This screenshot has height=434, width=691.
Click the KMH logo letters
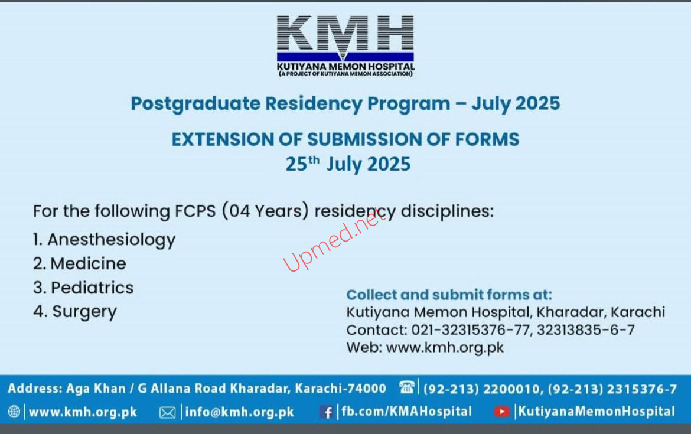[345, 34]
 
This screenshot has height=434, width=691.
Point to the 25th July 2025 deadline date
[348, 164]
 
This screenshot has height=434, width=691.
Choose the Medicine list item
[79, 263]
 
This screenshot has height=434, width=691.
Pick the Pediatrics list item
[83, 288]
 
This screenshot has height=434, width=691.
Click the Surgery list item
[75, 312]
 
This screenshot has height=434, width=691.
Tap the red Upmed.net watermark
[334, 240]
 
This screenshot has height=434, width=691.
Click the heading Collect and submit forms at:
[449, 295]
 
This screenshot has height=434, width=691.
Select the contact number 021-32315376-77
[471, 330]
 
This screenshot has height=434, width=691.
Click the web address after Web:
[445, 348]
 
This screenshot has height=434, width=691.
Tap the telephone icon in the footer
[406, 387]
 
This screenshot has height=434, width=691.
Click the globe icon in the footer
[14, 412]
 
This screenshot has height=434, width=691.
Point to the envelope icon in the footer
[168, 412]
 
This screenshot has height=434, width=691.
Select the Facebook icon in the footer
[326, 412]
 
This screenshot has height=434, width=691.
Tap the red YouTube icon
[501, 412]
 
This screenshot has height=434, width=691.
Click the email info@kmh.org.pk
[239, 412]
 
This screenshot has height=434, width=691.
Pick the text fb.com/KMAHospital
[406, 412]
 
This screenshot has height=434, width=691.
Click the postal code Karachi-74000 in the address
[340, 388]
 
